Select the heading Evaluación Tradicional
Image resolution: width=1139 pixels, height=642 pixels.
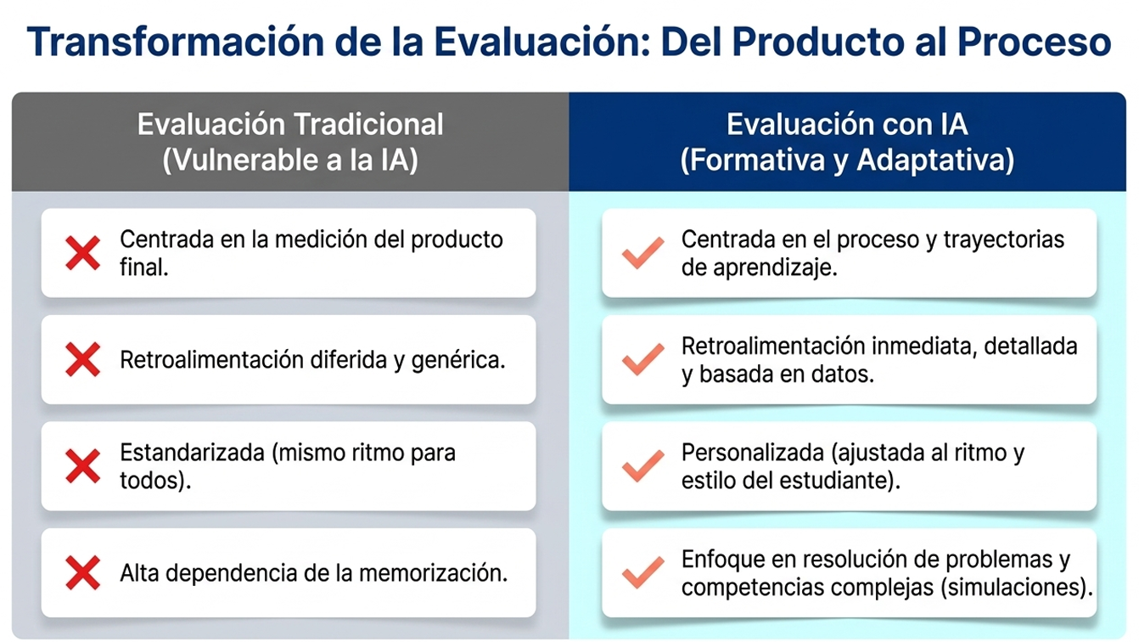(290, 124)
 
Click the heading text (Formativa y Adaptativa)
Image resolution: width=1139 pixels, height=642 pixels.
(847, 160)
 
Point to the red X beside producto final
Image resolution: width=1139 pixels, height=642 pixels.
(82, 253)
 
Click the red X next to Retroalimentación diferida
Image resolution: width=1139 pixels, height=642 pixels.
(82, 360)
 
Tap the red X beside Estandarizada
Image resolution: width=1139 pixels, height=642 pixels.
(82, 466)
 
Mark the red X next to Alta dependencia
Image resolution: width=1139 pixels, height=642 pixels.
(82, 573)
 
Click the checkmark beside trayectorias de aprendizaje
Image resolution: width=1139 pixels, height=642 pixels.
(642, 253)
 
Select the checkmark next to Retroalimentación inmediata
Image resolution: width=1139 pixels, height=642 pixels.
(642, 360)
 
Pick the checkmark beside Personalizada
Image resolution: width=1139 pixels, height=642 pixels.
(642, 466)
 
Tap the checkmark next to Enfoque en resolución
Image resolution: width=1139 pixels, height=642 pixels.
(642, 573)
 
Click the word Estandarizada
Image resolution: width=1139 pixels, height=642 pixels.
(192, 453)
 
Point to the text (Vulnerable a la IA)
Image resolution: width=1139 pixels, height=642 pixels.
(290, 160)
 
